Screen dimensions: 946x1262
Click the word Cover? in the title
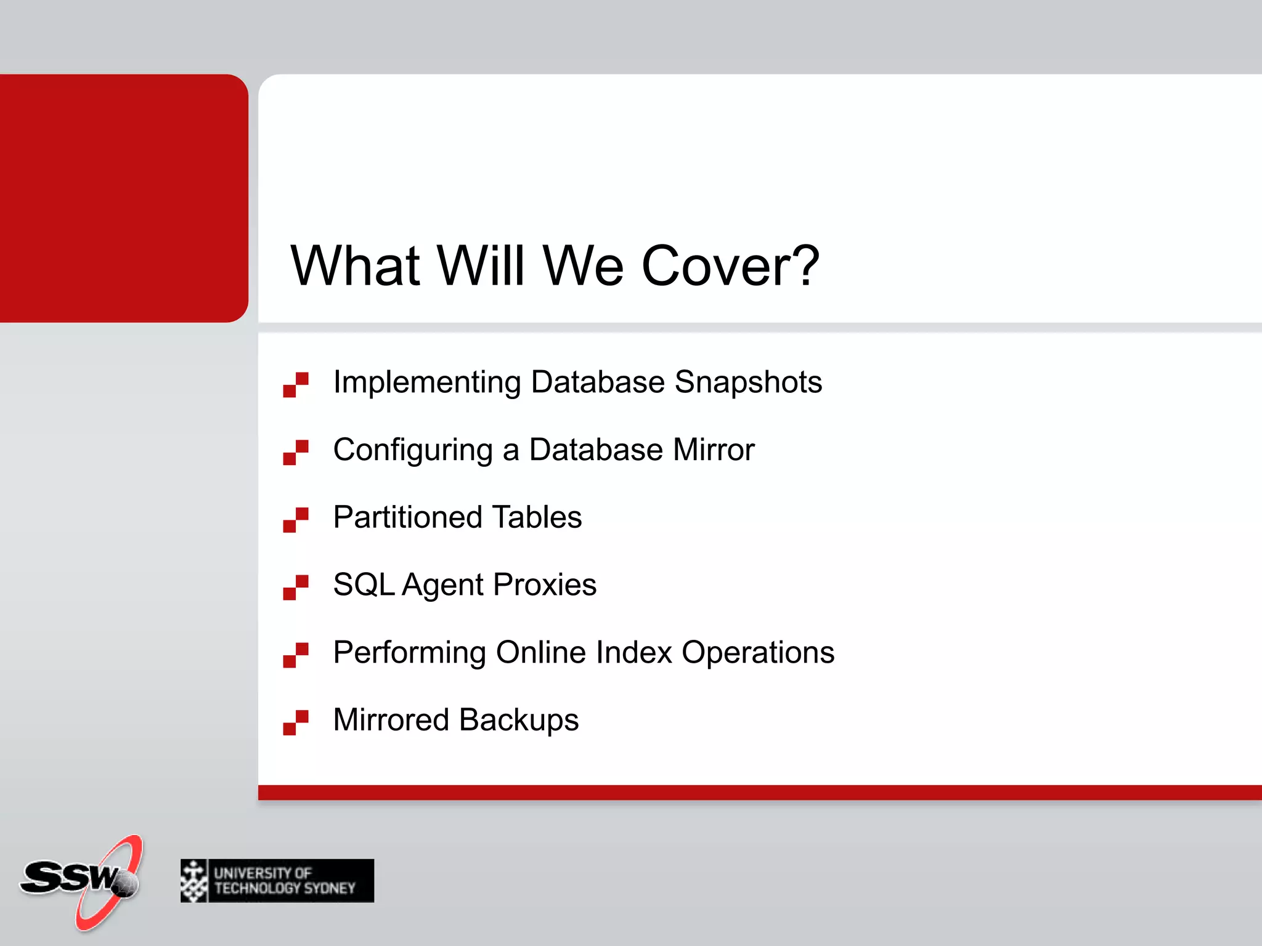click(x=730, y=265)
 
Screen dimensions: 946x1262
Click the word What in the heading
click(x=355, y=265)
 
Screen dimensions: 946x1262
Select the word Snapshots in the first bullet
click(x=748, y=382)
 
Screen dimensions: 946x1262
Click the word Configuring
click(x=413, y=450)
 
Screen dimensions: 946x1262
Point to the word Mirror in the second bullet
click(x=714, y=450)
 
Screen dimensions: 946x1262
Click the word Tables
click(x=537, y=517)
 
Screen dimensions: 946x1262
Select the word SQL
click(x=364, y=584)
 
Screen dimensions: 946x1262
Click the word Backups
click(x=519, y=720)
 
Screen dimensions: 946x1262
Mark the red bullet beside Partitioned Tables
click(x=296, y=520)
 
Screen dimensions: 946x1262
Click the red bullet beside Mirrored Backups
click(x=296, y=722)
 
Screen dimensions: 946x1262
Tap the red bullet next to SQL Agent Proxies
click(x=296, y=587)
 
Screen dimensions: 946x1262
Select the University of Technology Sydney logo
click(x=277, y=881)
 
